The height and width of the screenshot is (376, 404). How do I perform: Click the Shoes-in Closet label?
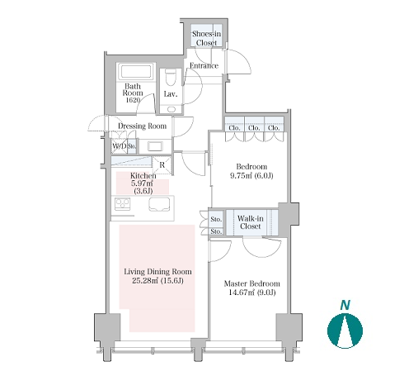click(206, 38)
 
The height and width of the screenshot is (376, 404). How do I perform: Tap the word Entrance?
click(204, 65)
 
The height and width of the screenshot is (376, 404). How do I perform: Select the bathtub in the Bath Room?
click(136, 72)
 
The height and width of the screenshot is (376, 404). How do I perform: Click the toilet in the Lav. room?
click(170, 78)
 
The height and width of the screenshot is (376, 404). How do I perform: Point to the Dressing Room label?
click(142, 126)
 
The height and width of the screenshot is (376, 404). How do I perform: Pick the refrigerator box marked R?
click(162, 164)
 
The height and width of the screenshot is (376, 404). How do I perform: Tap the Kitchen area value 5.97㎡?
click(142, 183)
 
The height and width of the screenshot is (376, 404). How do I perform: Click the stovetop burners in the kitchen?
click(122, 204)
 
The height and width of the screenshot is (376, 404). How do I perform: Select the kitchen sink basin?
click(159, 205)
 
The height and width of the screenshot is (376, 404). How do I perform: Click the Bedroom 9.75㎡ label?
click(251, 171)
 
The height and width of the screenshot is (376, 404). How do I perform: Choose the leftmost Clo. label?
click(234, 128)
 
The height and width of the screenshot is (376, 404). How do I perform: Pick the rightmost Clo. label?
click(274, 128)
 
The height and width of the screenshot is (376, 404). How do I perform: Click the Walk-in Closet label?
click(251, 222)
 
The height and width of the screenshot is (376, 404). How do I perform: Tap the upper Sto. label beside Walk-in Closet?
click(216, 219)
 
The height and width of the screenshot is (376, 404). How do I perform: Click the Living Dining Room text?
click(157, 272)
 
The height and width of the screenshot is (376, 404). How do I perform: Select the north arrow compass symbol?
click(345, 331)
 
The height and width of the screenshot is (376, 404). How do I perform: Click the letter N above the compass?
click(345, 305)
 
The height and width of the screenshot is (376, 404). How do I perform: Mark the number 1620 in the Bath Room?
click(133, 100)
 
